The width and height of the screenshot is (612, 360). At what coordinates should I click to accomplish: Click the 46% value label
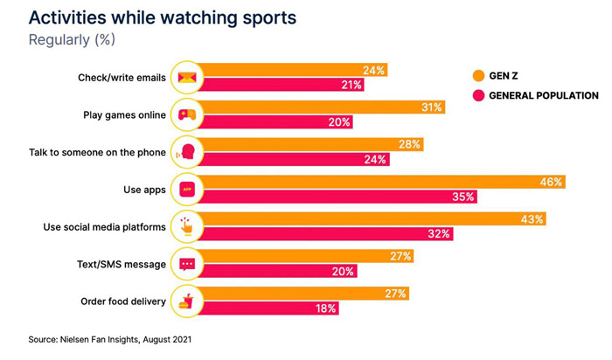tap(552, 182)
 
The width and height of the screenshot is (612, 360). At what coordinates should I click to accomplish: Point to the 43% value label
tap(532, 219)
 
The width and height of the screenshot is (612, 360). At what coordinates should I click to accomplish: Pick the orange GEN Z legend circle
tap(478, 75)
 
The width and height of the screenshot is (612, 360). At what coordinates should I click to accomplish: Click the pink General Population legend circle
tap(478, 95)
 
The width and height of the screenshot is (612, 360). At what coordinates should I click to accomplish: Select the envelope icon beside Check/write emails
tap(186, 78)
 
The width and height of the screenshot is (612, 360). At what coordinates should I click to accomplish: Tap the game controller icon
tap(186, 114)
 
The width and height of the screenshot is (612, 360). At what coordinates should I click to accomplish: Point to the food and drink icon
tap(186, 301)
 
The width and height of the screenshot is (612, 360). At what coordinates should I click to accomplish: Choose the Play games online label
tap(118, 114)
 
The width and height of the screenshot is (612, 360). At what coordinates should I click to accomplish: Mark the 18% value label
tap(325, 308)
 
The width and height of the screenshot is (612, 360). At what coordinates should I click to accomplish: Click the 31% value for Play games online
tap(431, 107)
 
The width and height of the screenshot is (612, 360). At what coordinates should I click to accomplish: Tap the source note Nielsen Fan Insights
tap(111, 338)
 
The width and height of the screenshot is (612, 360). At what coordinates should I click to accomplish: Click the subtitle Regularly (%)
tap(72, 39)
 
